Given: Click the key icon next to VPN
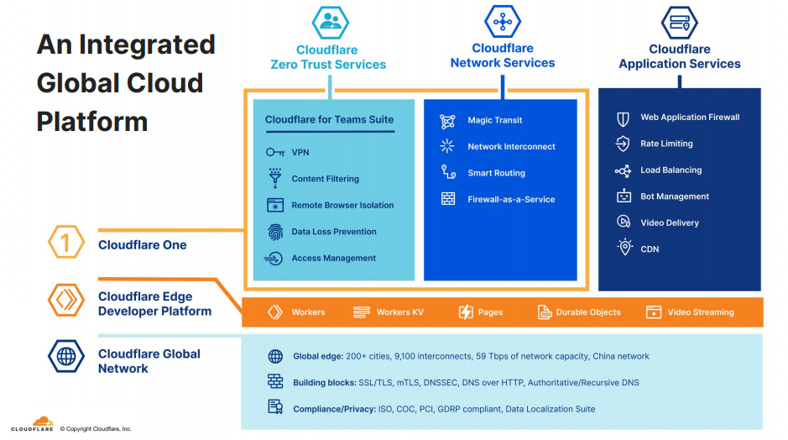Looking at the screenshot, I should [x=274, y=152].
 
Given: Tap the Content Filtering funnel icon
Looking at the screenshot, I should [x=274, y=178].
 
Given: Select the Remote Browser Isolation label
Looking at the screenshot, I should [x=342, y=205].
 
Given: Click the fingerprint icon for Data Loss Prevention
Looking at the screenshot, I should [x=274, y=232].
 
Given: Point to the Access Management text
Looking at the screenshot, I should [x=333, y=258].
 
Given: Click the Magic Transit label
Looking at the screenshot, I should [x=494, y=120].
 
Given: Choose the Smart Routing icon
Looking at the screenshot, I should [x=448, y=172].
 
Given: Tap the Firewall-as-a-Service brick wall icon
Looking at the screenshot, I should [x=448, y=199].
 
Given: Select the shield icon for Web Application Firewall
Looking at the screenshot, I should [x=623, y=118].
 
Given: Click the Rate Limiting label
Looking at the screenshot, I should [x=666, y=144].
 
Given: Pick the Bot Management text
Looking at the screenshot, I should [x=674, y=196].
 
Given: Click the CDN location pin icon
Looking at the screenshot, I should [x=624, y=248].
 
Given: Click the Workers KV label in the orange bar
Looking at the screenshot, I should [x=399, y=312].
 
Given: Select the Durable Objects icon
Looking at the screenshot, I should [x=544, y=312].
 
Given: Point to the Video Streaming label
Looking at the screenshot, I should [x=700, y=312].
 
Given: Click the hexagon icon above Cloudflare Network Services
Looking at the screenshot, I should [x=503, y=21].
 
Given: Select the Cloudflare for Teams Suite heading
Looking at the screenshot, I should [x=329, y=119].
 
